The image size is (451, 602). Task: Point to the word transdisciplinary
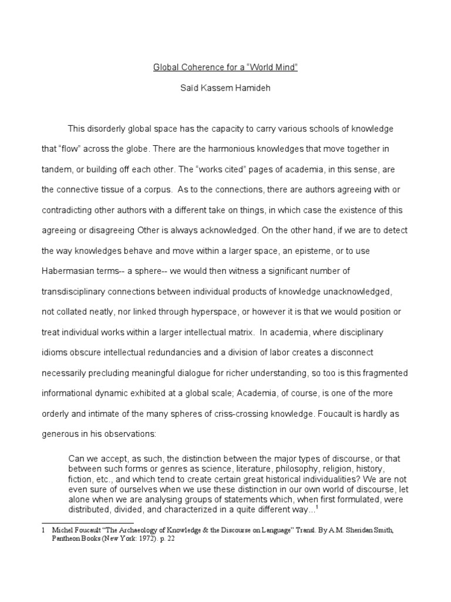79,292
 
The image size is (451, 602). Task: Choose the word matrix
238,332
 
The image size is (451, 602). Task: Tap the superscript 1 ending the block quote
318,506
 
